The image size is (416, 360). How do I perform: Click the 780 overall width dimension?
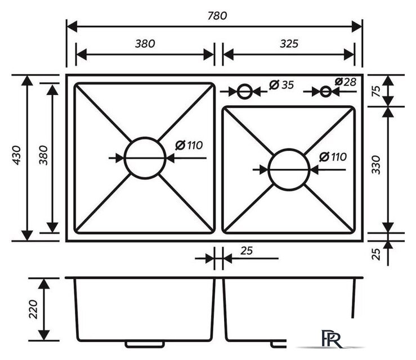(217, 16)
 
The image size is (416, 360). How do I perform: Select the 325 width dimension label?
(289, 43)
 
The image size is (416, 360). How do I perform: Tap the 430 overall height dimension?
(17, 155)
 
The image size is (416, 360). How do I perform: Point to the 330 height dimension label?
(376, 165)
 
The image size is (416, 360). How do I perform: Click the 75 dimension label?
(376, 91)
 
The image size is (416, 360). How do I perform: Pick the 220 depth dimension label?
(33, 309)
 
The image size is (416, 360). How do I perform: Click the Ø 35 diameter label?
(281, 85)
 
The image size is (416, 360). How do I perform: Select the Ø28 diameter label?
(345, 82)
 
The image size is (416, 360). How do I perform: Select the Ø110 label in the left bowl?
(189, 145)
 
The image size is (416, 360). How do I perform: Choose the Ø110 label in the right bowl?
(333, 157)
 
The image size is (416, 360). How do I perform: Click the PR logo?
(332, 339)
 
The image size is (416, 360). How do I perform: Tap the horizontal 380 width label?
(145, 43)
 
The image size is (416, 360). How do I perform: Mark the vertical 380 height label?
(43, 155)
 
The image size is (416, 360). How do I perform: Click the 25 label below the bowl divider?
(247, 251)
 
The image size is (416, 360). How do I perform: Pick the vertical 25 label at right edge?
(376, 254)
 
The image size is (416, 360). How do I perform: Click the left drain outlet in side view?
(145, 344)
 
